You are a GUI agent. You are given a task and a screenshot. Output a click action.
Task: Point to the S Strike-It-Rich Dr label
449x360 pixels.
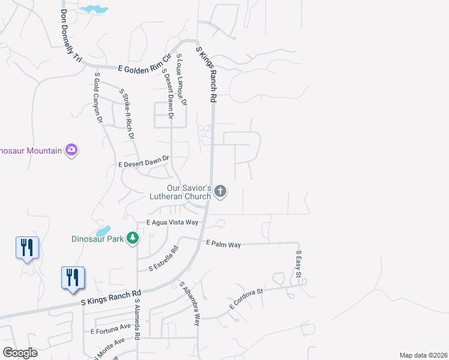(x=127, y=114)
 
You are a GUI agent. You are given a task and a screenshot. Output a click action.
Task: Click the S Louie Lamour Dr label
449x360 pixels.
(x=181, y=79)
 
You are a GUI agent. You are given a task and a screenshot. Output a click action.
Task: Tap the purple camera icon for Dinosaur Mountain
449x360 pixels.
(x=72, y=149)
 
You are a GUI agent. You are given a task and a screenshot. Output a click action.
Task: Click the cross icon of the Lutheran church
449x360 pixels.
(x=220, y=191)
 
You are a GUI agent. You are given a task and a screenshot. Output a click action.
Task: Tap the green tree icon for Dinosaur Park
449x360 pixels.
(x=132, y=239)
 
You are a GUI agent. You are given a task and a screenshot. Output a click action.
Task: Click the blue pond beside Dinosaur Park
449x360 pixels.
(x=103, y=230)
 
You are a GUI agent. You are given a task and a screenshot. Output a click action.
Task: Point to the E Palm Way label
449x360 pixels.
(x=223, y=244)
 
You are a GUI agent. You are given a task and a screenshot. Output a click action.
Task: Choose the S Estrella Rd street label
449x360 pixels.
(x=164, y=258)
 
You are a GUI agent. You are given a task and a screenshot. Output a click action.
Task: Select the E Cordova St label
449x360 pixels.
(x=246, y=299)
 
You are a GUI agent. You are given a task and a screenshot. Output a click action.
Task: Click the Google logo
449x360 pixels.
(x=20, y=353)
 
